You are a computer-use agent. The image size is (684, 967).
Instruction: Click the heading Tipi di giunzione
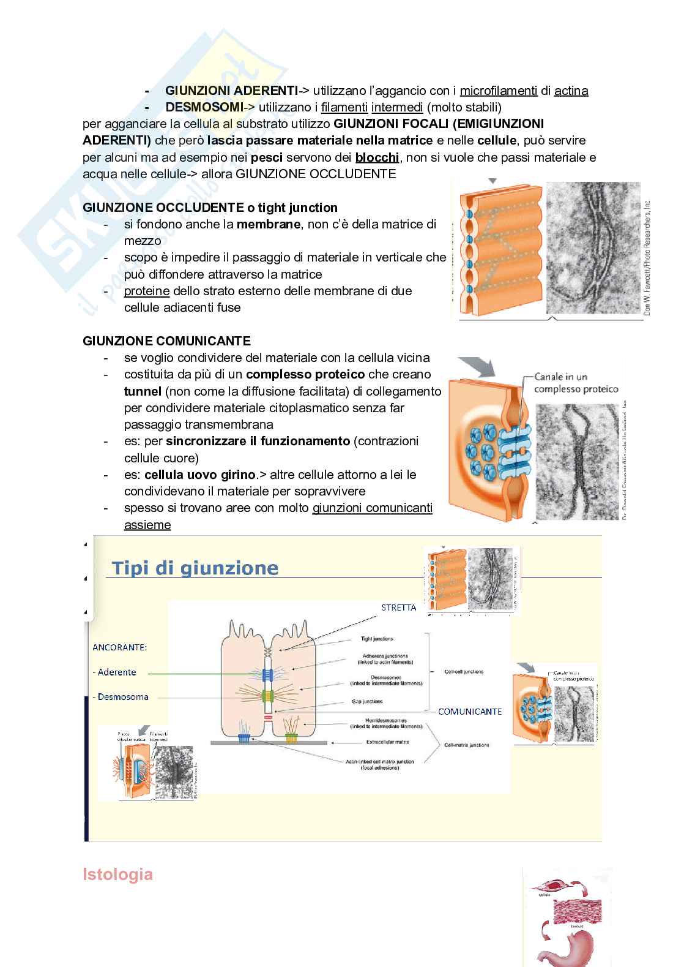tap(195, 568)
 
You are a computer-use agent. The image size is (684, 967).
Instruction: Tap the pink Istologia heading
tap(117, 874)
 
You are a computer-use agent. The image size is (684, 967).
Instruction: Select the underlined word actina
tap(571, 91)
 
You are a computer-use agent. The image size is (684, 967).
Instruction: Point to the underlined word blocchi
tap(377, 157)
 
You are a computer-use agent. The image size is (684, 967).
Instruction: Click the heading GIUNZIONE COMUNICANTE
tap(166, 341)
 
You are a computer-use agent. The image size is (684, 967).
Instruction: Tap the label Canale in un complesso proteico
tap(576, 383)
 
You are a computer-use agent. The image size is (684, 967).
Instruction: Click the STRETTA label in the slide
tap(398, 608)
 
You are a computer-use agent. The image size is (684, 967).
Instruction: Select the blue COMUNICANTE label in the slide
tap(470, 711)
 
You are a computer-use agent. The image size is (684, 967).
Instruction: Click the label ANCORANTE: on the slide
tap(119, 647)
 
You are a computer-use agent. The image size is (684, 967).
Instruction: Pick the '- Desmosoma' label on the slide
tap(121, 696)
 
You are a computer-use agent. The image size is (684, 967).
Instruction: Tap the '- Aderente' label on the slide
tap(114, 672)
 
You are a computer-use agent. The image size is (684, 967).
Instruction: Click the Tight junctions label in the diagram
tap(377, 639)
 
